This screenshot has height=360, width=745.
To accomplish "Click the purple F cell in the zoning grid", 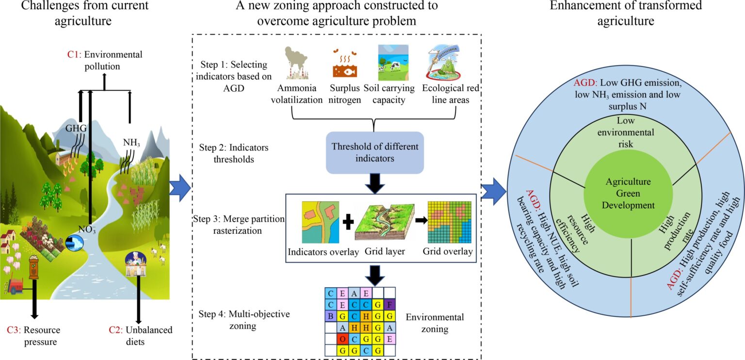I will pyautogui.click(x=390, y=305).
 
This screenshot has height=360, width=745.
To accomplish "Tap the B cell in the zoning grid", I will pyautogui.click(x=330, y=316).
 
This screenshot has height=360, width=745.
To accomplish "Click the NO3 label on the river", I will pyautogui.click(x=86, y=229).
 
